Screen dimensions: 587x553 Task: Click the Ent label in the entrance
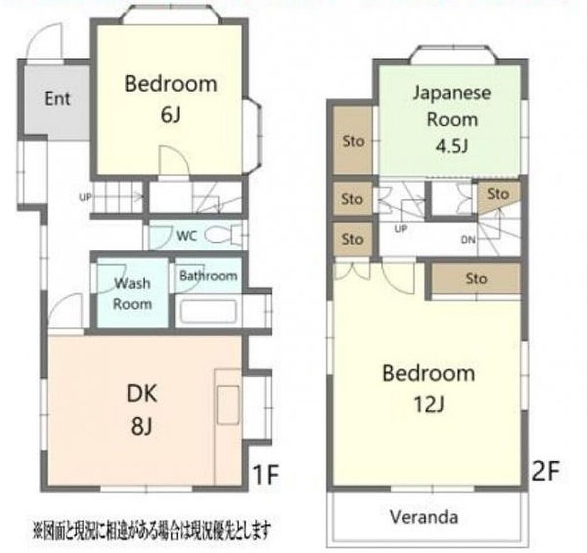pyautogui.click(x=57, y=99)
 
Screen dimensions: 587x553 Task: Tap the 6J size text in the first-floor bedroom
pyautogui.click(x=171, y=115)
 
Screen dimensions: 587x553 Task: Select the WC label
pyautogui.click(x=186, y=236)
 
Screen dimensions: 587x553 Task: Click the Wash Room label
pyautogui.click(x=132, y=293)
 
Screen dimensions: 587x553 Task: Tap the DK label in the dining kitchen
pyautogui.click(x=142, y=393)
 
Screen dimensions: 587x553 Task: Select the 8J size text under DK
pyautogui.click(x=142, y=426)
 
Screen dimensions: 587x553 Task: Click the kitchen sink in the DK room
pyautogui.click(x=228, y=405)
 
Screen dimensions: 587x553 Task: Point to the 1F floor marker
pyautogui.click(x=266, y=474)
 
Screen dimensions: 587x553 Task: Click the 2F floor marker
pyautogui.click(x=546, y=471)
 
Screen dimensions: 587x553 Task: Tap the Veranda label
pyautogui.click(x=424, y=517)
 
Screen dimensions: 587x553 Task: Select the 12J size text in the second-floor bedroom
pyautogui.click(x=429, y=403)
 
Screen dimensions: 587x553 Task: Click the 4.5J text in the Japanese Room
pyautogui.click(x=452, y=146)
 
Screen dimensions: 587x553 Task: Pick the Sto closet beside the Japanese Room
pyautogui.click(x=353, y=141)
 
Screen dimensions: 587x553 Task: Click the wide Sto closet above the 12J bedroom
pyautogui.click(x=476, y=279)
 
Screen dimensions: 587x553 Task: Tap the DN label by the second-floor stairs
pyautogui.click(x=468, y=240)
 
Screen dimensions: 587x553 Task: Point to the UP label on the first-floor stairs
pyautogui.click(x=85, y=197)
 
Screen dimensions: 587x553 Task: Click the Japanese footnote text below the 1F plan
pyautogui.click(x=151, y=530)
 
